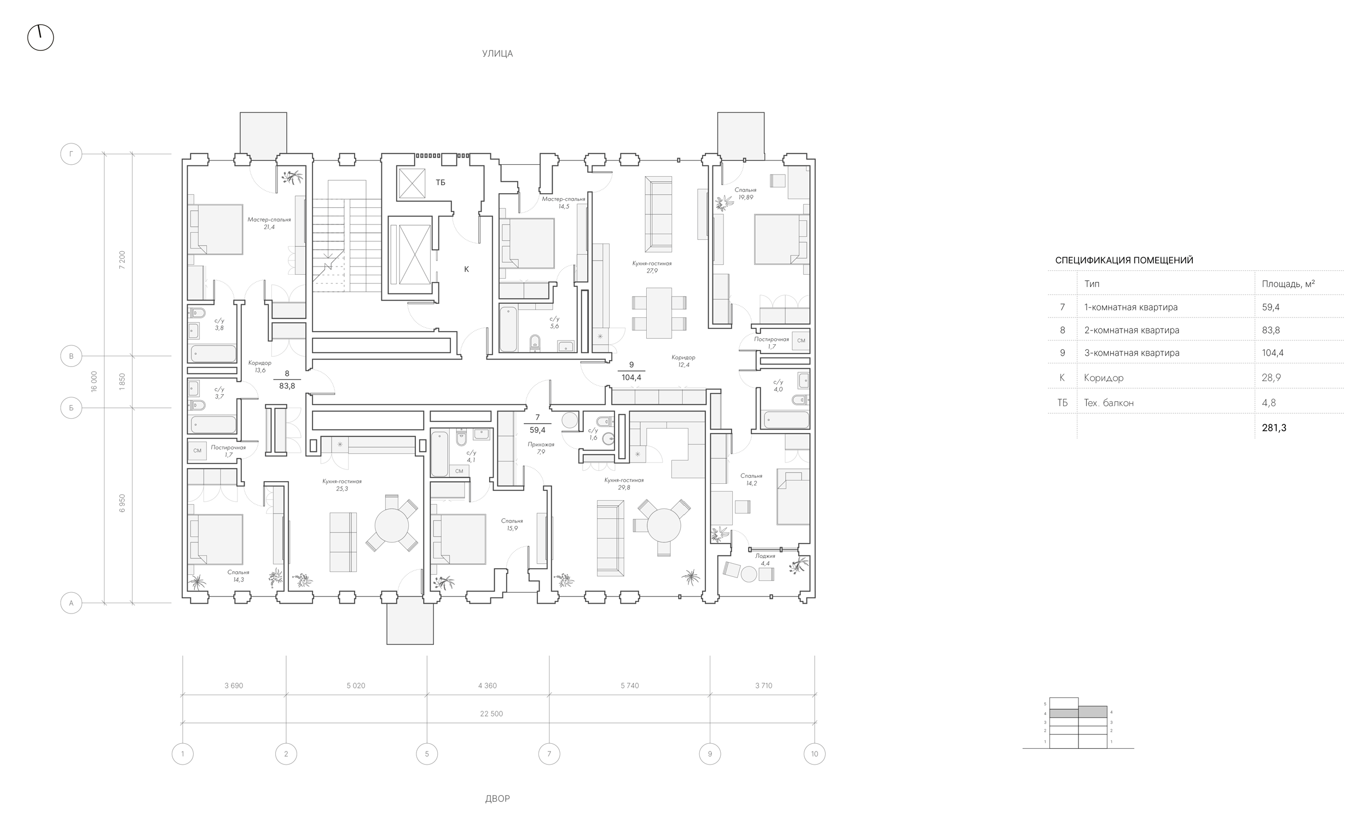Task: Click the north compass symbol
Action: (40, 38)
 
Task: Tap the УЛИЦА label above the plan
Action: (497, 54)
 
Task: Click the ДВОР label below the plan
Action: (497, 799)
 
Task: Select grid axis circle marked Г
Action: (71, 154)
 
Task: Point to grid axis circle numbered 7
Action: (549, 754)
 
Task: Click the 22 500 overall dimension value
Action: (491, 714)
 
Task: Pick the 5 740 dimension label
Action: (630, 685)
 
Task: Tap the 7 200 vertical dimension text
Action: (122, 260)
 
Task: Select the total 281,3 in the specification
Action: (1274, 427)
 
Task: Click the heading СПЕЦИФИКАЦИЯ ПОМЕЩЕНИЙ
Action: (1124, 260)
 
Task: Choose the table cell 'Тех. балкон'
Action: (1108, 403)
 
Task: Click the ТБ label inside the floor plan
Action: (440, 182)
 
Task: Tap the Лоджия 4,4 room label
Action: (765, 559)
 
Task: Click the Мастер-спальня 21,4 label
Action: (269, 223)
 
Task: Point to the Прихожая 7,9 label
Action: (541, 448)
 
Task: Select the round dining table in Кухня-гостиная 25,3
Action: (391, 525)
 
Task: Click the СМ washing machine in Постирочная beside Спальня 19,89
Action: (801, 340)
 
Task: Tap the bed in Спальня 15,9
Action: (458, 539)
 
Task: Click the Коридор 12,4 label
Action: (683, 361)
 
